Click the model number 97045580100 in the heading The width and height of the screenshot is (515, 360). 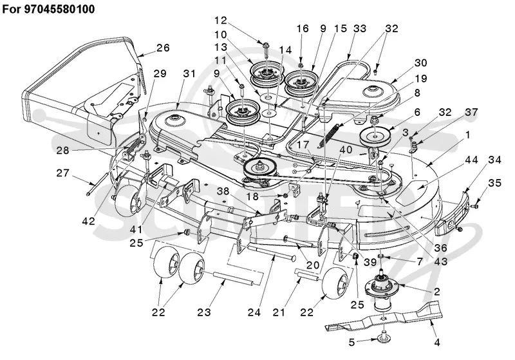pos(59,9)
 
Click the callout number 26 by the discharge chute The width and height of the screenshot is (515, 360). pos(163,48)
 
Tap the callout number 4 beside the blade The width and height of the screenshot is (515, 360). pos(436,342)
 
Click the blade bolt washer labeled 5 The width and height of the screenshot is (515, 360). pos(382,337)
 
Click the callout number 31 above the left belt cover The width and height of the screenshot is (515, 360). pos(189,73)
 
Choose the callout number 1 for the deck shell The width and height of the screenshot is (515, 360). pos(468,135)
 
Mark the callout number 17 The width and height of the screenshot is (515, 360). pos(303,145)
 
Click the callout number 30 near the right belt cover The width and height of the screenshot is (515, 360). pos(420,62)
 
